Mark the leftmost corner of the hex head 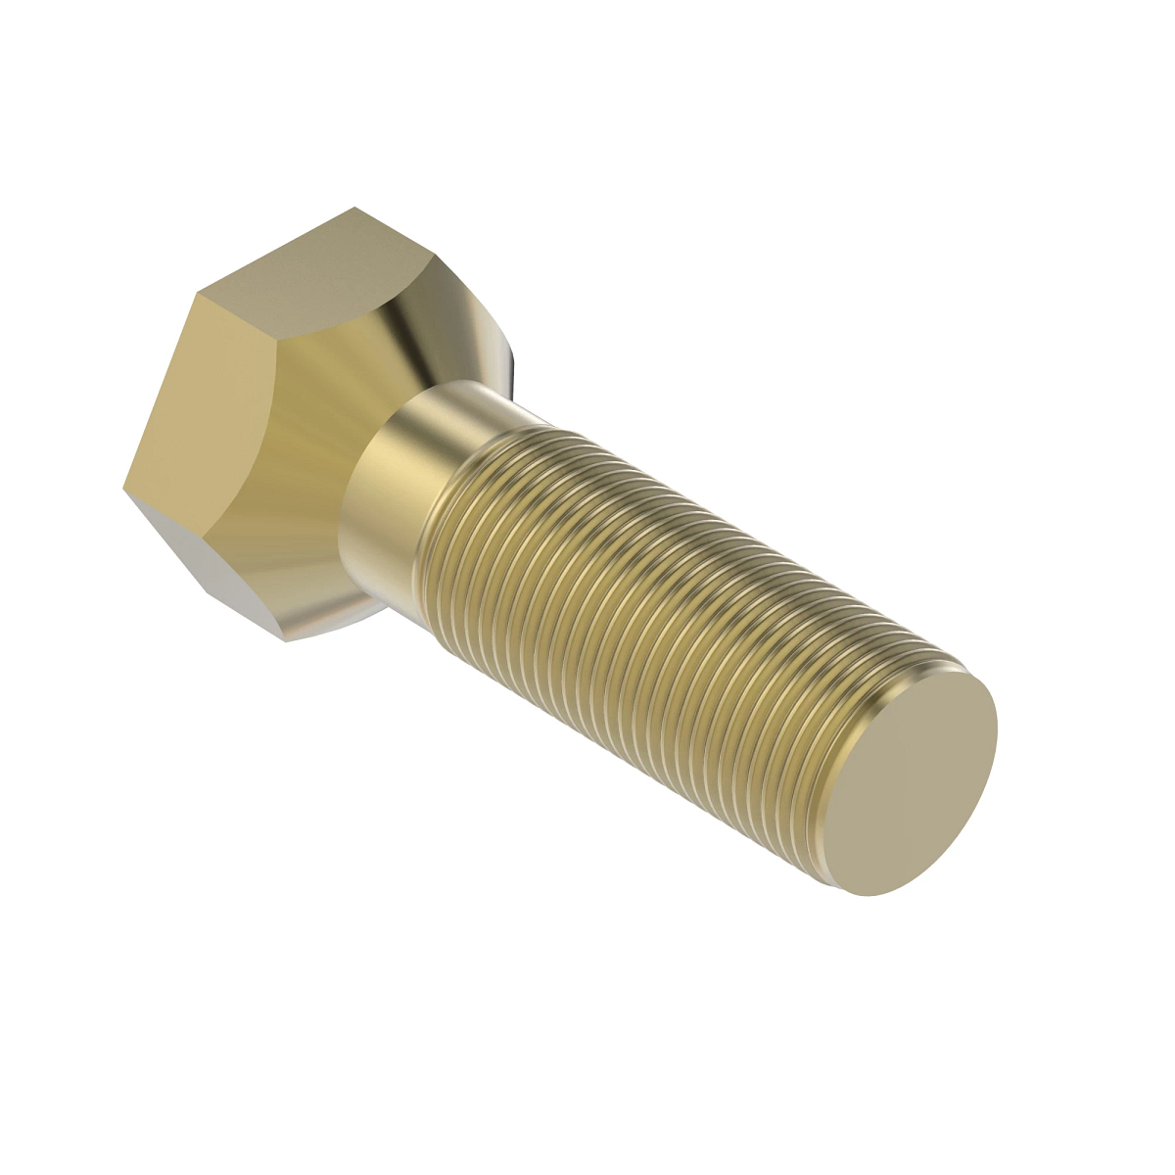click(123, 487)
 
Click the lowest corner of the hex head click(285, 641)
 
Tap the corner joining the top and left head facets click(197, 292)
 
